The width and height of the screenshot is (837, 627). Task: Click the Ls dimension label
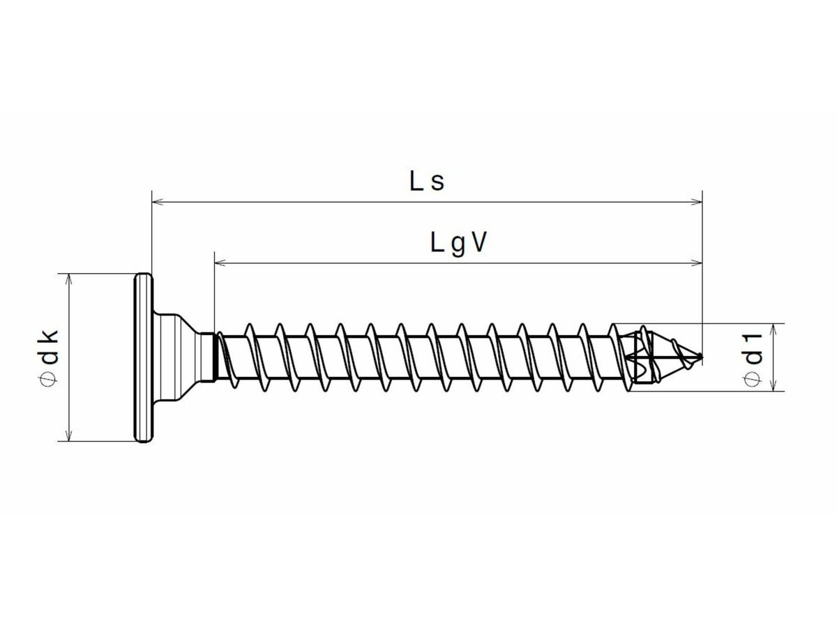[x=426, y=182]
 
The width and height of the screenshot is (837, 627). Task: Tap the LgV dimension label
[x=458, y=243]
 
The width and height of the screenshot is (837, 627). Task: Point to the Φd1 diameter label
[x=753, y=357]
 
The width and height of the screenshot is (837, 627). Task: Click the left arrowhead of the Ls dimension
[x=158, y=202]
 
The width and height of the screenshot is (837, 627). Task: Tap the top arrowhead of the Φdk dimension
[x=68, y=279]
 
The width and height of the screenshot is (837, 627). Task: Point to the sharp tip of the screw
[x=700, y=357]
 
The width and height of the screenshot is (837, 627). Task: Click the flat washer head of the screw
[x=142, y=357]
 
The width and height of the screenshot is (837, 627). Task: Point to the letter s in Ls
[x=437, y=183]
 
